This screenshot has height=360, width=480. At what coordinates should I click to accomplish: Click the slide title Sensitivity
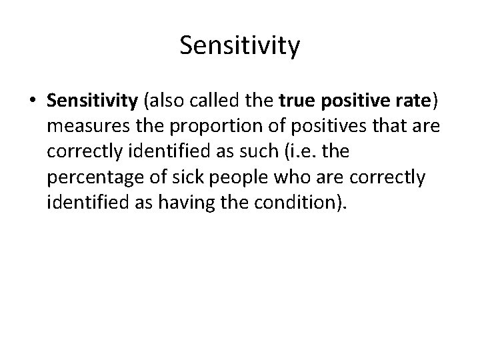240,46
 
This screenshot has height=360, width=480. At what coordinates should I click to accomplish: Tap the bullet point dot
33,102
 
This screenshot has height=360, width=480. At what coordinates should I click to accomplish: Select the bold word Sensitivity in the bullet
92,101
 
